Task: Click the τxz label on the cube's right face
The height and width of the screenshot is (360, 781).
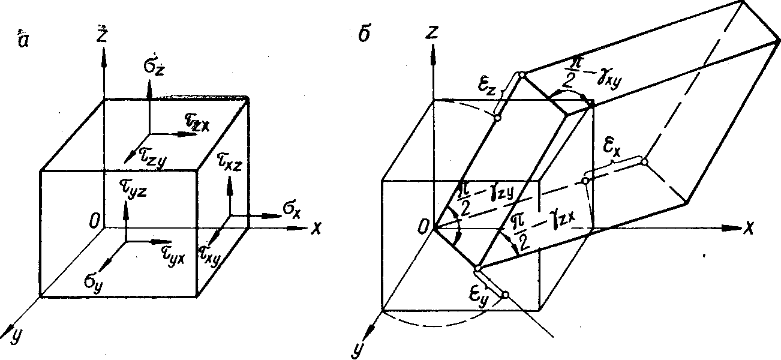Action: pos(227,164)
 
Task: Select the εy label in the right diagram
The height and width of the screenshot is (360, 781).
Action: pos(480,295)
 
